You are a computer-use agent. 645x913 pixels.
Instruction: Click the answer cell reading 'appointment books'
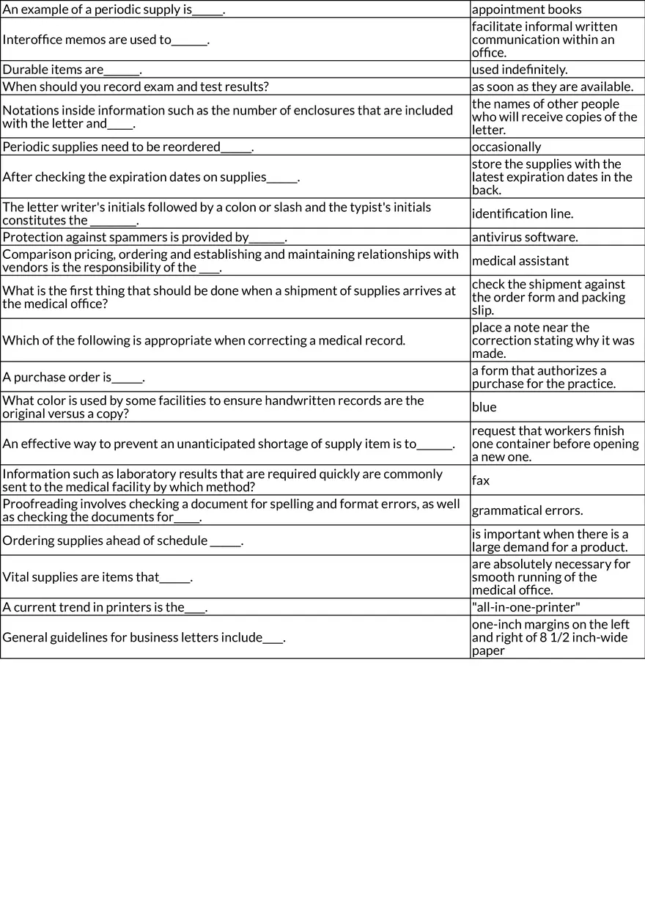(x=526, y=10)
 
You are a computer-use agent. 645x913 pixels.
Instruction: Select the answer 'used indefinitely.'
(x=520, y=70)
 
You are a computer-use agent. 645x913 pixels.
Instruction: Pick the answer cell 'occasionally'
(x=506, y=147)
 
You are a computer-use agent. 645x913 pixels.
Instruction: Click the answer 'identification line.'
(x=523, y=213)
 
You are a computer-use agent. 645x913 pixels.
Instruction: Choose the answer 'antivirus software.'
(x=525, y=237)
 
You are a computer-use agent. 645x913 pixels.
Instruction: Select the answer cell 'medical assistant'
(x=520, y=260)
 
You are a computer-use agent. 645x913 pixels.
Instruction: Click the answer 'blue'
(x=484, y=407)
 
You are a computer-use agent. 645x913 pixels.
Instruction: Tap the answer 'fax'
(x=481, y=480)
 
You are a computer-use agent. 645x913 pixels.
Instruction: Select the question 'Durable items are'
(x=71, y=70)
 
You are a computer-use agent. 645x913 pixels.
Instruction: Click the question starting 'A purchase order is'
(x=73, y=377)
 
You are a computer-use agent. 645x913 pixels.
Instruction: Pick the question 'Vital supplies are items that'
(x=97, y=577)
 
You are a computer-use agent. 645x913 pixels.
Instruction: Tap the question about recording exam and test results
(x=136, y=87)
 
